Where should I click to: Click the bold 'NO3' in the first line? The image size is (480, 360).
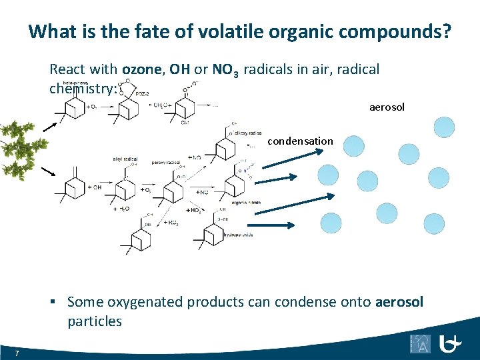coord(225,69)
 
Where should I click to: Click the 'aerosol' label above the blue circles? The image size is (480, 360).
coord(387,107)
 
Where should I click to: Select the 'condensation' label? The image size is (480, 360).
coord(300,141)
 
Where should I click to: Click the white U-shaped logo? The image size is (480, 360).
coord(452,343)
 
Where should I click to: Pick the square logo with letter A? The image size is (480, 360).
coord(420,343)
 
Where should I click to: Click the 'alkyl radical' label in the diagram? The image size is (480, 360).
coord(125,159)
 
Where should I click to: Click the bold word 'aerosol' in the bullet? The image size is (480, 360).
coord(399,302)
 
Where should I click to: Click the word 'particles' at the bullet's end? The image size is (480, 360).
coord(95,321)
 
